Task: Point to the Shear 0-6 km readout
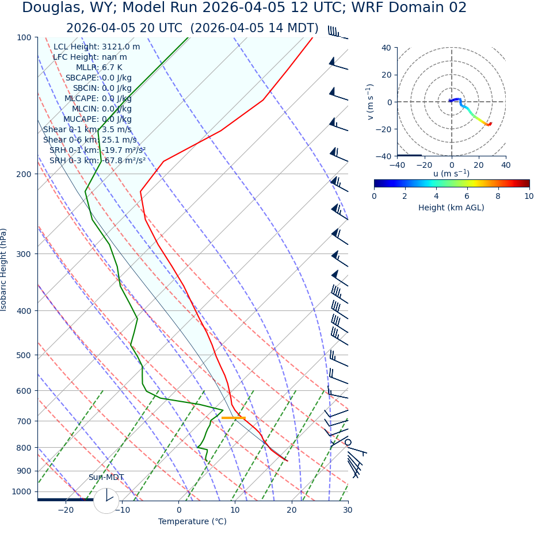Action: click(90, 140)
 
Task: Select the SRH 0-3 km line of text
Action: click(97, 160)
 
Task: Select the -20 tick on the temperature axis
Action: click(66, 510)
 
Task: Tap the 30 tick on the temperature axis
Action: click(348, 510)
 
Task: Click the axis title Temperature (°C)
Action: click(192, 521)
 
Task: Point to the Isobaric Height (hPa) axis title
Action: click(4, 270)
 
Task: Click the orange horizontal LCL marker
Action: click(234, 418)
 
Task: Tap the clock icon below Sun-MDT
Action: click(106, 501)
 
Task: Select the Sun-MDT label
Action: click(106, 478)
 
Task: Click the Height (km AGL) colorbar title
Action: click(451, 207)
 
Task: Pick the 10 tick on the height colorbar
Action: click(529, 196)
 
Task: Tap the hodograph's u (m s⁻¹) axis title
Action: click(451, 174)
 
